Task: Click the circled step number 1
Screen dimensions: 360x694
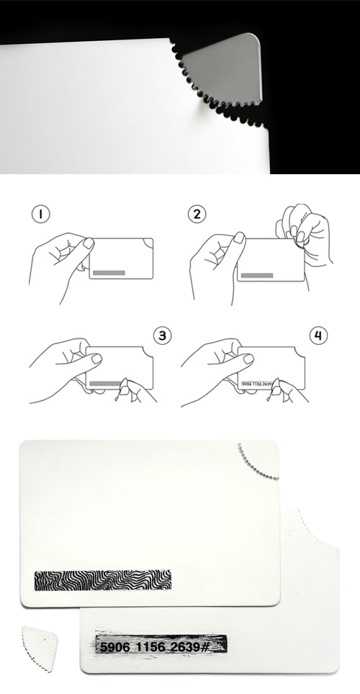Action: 41,215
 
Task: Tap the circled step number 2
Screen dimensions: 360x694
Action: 197,215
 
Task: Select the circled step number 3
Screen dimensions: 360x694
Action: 163,336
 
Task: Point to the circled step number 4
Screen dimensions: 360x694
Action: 318,336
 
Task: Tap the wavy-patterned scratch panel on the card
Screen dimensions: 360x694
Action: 103,580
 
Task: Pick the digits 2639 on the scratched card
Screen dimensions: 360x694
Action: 184,647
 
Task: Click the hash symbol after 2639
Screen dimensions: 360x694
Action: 204,647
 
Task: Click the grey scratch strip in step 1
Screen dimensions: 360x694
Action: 109,273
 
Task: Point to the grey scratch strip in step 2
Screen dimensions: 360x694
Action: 257,275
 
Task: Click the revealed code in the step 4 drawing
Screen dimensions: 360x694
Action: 256,384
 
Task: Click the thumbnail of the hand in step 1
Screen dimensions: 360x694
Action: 89,243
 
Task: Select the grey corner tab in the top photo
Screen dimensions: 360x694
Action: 222,70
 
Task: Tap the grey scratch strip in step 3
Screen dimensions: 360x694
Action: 105,383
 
